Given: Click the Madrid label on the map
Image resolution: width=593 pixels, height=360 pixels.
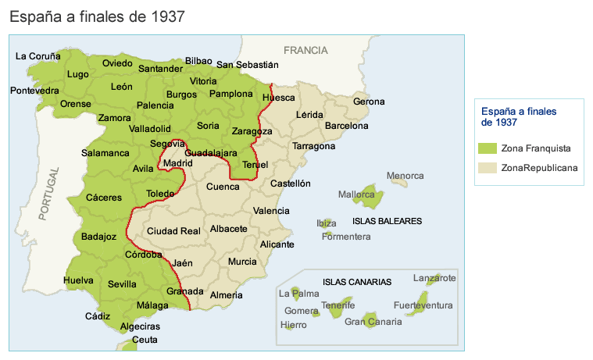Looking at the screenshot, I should (177, 163).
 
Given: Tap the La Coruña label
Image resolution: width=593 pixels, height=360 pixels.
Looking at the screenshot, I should (38, 55).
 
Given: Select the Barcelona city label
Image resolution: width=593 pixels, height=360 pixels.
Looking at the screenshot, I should (346, 125).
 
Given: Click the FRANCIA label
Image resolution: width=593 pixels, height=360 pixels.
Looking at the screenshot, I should (305, 50).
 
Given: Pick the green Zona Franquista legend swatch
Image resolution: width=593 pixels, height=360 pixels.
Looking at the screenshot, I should (488, 148).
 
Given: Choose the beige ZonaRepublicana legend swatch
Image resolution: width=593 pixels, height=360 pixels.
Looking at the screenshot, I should (488, 167).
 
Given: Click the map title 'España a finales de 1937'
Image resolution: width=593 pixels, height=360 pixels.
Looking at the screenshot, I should (97, 16).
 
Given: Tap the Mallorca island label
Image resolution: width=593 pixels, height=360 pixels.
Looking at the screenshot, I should (357, 194).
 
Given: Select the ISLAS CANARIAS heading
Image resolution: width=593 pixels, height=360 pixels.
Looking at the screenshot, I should (357, 282).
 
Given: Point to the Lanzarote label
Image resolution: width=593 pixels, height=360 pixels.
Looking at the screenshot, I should (434, 277).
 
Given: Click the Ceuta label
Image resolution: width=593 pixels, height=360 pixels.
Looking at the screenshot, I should (145, 340).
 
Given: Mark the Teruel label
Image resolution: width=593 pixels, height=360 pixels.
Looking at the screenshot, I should (255, 165).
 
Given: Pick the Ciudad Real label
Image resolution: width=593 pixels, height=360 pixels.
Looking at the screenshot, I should (173, 230).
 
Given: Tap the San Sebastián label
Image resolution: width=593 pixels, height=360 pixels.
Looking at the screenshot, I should (247, 65).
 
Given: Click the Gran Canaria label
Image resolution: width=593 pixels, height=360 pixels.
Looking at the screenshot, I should (366, 321).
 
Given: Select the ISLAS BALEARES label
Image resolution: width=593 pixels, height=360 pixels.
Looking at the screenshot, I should (387, 221).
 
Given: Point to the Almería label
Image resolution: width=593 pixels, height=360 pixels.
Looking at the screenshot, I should (227, 295).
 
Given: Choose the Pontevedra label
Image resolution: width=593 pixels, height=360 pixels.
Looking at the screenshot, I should (34, 91).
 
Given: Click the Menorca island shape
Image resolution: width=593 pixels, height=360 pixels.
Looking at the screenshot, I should (399, 182).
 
